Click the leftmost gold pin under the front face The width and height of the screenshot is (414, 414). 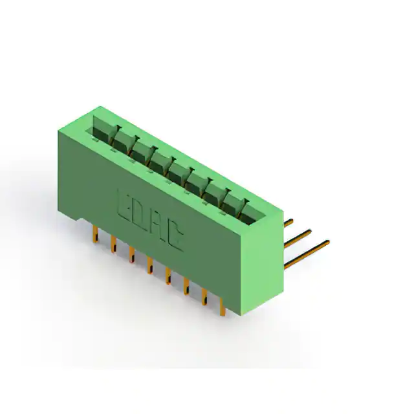pyautogui.click(x=96, y=234)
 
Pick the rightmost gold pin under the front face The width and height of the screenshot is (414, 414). pyautogui.click(x=223, y=307)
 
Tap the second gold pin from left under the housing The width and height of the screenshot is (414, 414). pyautogui.click(x=114, y=244)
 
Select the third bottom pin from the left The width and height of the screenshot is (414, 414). pyautogui.click(x=132, y=254)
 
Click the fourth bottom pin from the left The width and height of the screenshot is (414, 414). pyautogui.click(x=150, y=265)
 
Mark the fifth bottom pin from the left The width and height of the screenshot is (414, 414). pyautogui.click(x=168, y=276)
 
